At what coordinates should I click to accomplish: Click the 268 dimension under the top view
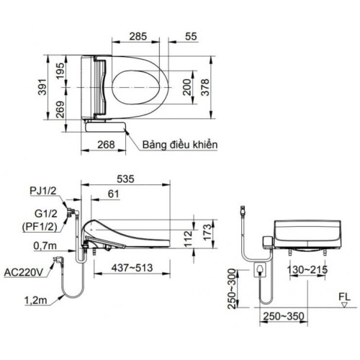pyautogui.click(x=106, y=145)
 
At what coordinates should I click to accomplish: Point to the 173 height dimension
pyautogui.click(x=205, y=231)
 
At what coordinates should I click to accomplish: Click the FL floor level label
pyautogui.click(x=346, y=294)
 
